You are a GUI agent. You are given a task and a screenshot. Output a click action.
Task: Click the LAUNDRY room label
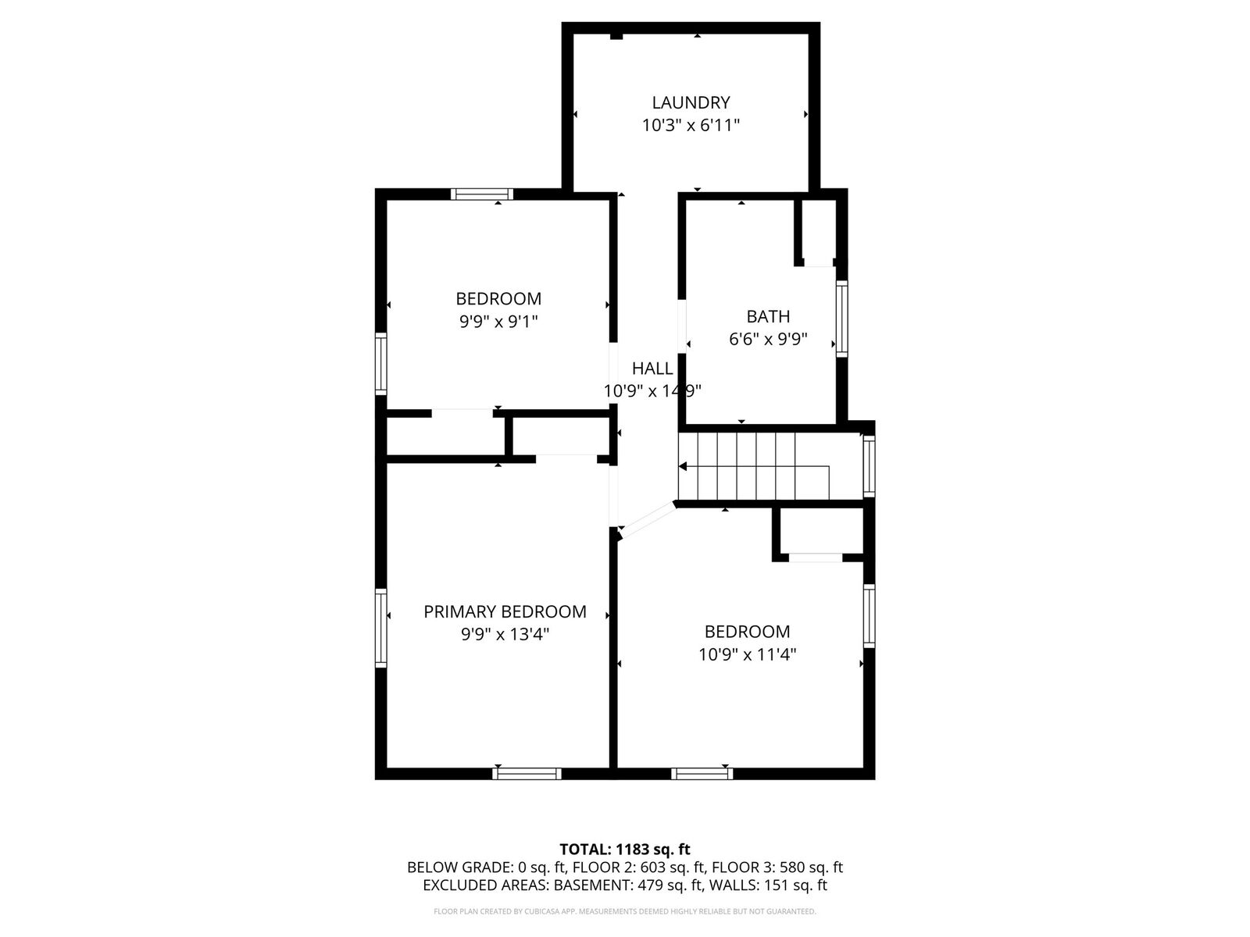pos(691,102)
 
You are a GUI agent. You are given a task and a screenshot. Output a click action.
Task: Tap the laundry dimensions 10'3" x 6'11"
pos(691,125)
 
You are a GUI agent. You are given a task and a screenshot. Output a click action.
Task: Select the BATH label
pos(768,316)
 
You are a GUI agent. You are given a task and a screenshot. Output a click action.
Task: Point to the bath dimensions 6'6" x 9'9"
pos(768,340)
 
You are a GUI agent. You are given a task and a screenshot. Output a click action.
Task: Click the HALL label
pos(652,369)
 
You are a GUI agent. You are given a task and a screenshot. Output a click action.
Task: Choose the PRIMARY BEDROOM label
pos(505,611)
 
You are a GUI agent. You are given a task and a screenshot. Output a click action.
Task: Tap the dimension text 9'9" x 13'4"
pos(505,634)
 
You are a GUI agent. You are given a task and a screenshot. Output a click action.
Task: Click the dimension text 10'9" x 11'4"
pos(747,654)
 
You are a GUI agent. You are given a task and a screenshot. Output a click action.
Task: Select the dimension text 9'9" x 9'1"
pos(498,321)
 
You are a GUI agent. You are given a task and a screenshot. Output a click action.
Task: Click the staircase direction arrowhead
pos(683,466)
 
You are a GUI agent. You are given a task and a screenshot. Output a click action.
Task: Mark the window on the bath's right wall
pos(841,319)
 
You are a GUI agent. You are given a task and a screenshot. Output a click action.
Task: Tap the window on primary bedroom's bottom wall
pos(527,773)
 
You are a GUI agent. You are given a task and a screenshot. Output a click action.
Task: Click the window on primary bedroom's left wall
pos(380,627)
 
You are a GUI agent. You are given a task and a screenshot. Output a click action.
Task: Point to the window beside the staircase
pos(869,465)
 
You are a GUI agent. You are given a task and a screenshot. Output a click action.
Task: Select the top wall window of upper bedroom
pos(483,194)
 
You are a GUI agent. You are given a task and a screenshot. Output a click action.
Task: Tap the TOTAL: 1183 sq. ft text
pos(624,849)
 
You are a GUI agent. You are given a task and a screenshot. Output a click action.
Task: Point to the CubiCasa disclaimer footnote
pos(624,911)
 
